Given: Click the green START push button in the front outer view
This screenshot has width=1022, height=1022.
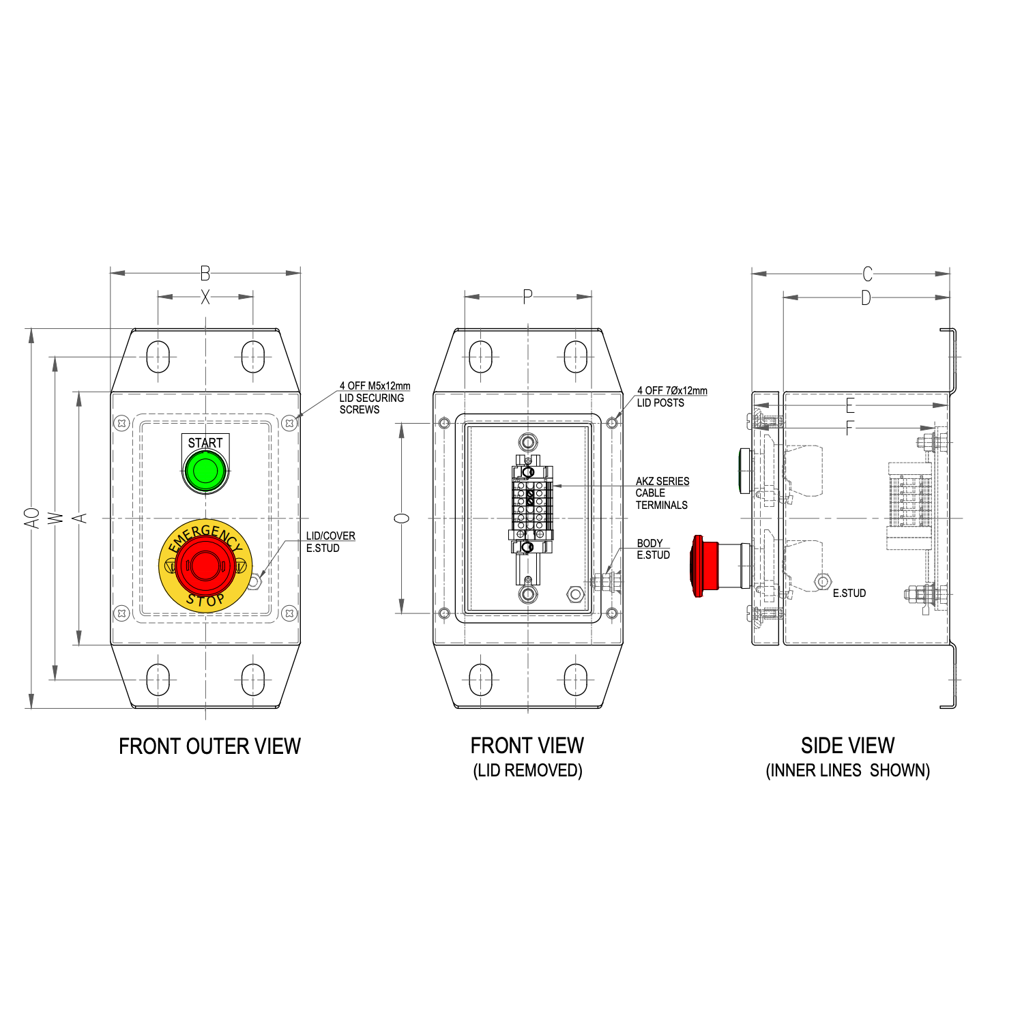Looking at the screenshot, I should pyautogui.click(x=205, y=470).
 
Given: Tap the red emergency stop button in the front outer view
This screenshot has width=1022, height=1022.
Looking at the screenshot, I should pyautogui.click(x=205, y=565).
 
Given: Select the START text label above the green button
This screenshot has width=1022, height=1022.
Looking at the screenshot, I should pyautogui.click(x=205, y=443).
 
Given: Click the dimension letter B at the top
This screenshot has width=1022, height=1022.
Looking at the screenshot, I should pyautogui.click(x=205, y=274).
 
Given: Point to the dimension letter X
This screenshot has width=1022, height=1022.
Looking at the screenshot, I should pyautogui.click(x=205, y=297).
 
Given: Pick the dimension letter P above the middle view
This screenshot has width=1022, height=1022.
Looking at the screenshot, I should pyautogui.click(x=527, y=297).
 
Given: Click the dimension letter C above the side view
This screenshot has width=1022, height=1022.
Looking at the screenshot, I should pyautogui.click(x=867, y=274).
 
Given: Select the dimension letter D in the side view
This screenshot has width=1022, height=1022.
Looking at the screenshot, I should pyautogui.click(x=865, y=297).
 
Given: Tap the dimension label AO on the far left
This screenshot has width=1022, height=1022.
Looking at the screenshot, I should pyautogui.click(x=32, y=517).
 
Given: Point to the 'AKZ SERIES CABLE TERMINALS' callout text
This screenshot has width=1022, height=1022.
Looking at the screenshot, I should pyautogui.click(x=662, y=493).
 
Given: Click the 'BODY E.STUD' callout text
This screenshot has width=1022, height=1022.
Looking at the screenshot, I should pyautogui.click(x=653, y=549).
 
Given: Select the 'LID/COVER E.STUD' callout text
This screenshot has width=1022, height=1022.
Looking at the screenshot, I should pyautogui.click(x=330, y=542).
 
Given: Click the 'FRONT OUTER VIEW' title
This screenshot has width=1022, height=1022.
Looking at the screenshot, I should pyautogui.click(x=209, y=746).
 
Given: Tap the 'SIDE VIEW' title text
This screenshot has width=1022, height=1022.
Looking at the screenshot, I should pyautogui.click(x=847, y=746).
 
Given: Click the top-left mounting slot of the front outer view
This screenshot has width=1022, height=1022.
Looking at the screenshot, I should pyautogui.click(x=158, y=356).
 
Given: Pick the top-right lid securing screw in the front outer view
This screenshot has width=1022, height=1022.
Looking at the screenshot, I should pyautogui.click(x=289, y=423).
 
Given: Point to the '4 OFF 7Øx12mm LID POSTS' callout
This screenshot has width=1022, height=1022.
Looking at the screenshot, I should pyautogui.click(x=671, y=396).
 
